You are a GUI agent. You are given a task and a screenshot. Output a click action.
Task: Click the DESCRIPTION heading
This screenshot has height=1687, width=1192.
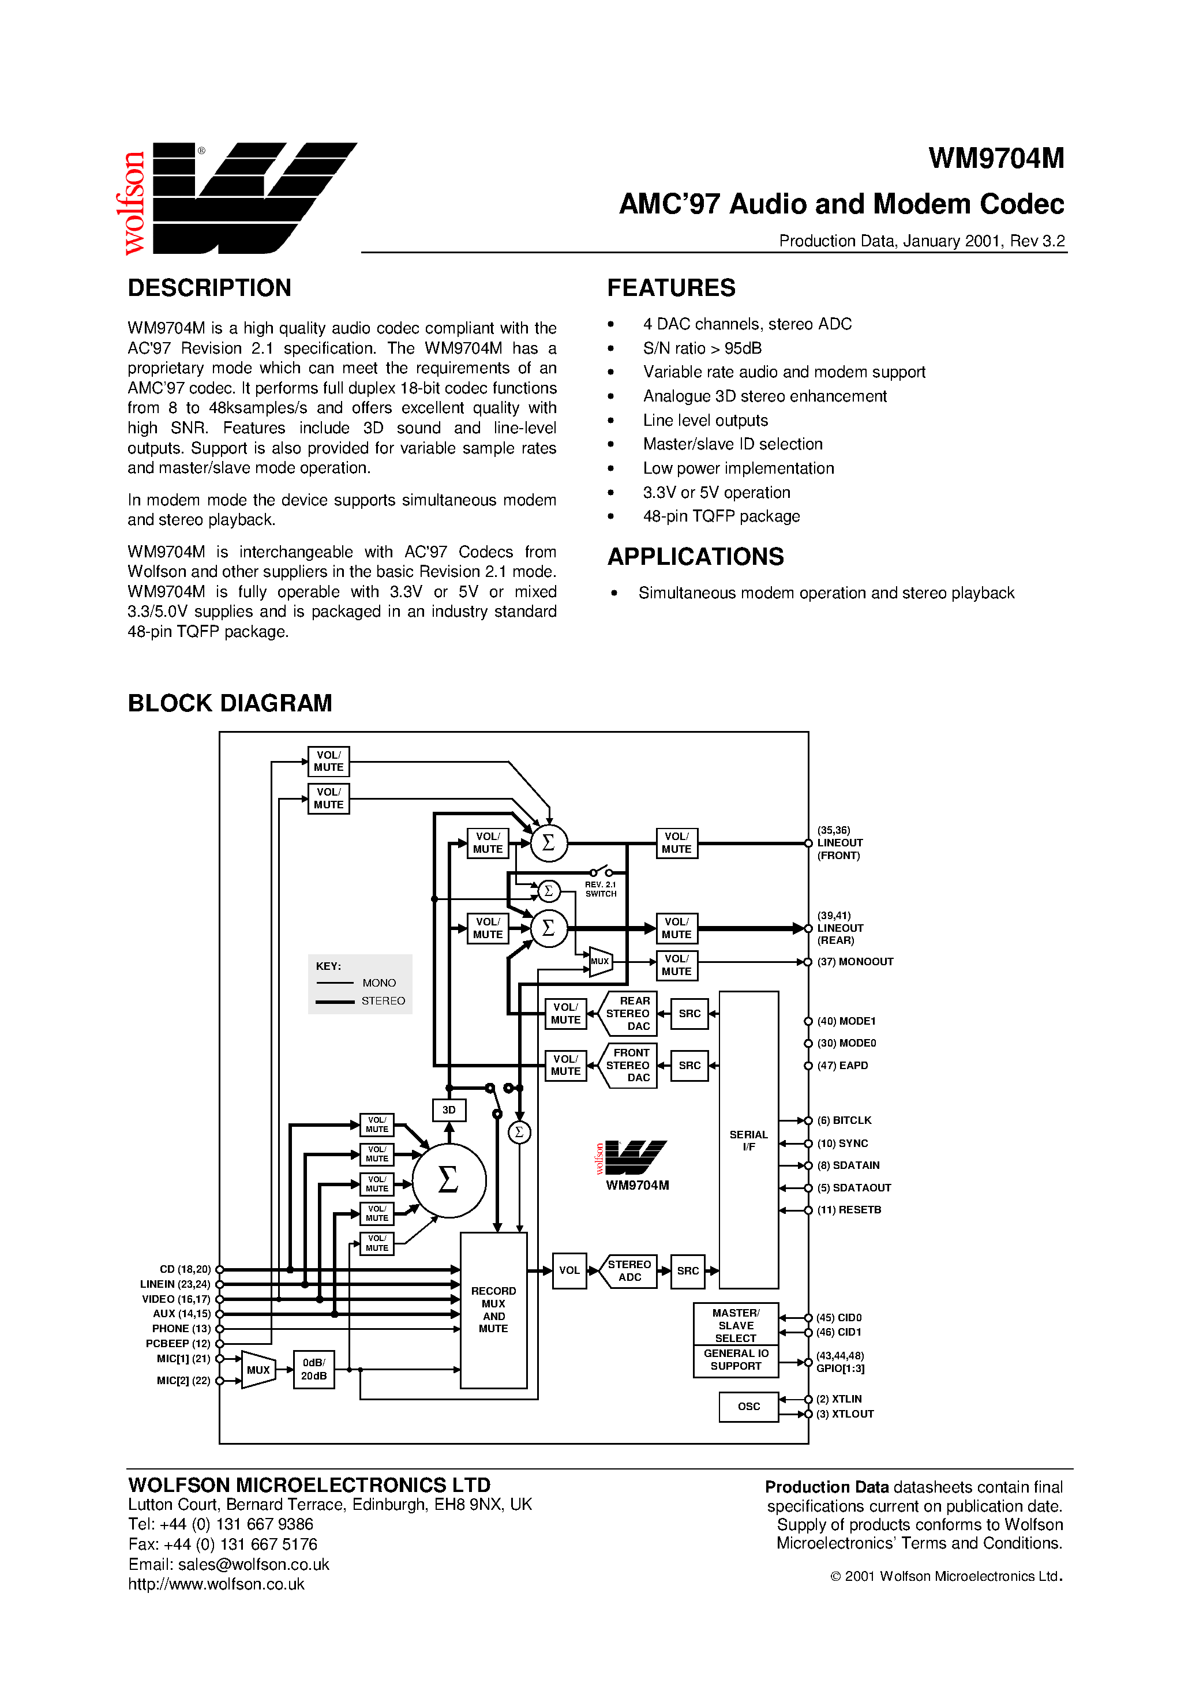(x=209, y=287)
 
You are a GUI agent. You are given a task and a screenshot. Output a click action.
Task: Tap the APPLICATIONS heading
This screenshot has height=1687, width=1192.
(x=695, y=556)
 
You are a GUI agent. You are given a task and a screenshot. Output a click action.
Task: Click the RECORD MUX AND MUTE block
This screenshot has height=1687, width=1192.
(x=493, y=1309)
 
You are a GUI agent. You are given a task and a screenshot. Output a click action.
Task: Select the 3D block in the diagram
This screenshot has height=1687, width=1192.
(x=448, y=1109)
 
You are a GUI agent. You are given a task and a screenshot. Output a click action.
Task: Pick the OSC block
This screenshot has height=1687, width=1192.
(x=748, y=1407)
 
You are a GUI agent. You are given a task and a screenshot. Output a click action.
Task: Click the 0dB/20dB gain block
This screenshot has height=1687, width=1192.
(x=314, y=1369)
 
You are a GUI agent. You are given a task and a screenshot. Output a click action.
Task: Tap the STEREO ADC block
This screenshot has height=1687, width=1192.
(x=629, y=1270)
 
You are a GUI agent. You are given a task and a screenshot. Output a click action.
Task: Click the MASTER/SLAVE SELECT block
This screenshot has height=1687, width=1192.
(x=736, y=1325)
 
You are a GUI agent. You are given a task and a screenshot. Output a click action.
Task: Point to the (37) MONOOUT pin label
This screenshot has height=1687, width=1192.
(x=854, y=962)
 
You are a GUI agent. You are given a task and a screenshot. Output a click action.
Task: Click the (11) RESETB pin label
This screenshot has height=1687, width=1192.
(x=849, y=1209)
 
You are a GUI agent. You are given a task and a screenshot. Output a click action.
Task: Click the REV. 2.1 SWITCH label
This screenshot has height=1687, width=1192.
(x=601, y=889)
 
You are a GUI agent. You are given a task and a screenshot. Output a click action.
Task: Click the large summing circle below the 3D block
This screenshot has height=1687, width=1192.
(x=448, y=1180)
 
